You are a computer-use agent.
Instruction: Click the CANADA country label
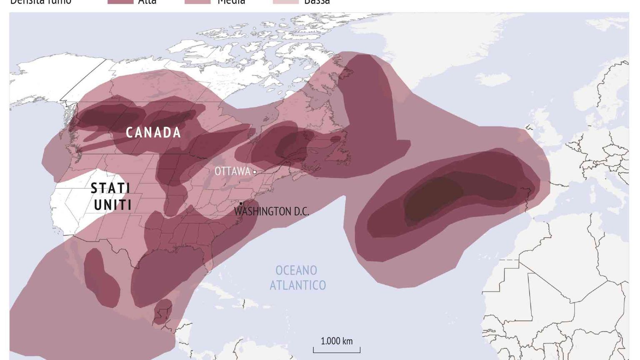pyautogui.click(x=153, y=132)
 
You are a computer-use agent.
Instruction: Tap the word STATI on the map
pyautogui.click(x=110, y=188)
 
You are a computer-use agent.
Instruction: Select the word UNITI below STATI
pyautogui.click(x=112, y=205)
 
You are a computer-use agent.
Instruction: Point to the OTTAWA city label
pyautogui.click(x=232, y=171)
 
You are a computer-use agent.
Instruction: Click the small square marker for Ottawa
pyautogui.click(x=255, y=172)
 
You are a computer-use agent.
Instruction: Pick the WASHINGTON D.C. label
pyautogui.click(x=272, y=212)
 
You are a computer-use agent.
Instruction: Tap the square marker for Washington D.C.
pyautogui.click(x=241, y=203)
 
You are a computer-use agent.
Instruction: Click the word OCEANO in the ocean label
pyautogui.click(x=296, y=270)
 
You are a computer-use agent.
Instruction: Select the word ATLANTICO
pyautogui.click(x=297, y=285)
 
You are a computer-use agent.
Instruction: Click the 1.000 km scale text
pyautogui.click(x=336, y=341)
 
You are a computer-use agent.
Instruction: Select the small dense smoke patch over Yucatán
pyautogui.click(x=162, y=310)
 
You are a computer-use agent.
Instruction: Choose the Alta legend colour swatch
pyautogui.click(x=120, y=2)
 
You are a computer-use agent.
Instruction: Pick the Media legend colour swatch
pyautogui.click(x=197, y=2)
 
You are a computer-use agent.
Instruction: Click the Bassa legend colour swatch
pyautogui.click(x=285, y=2)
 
